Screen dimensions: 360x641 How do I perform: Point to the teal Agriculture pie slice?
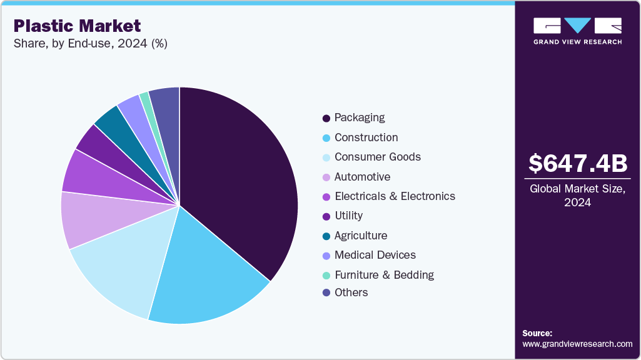tap(108, 122)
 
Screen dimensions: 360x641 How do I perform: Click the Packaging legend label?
tap(360, 117)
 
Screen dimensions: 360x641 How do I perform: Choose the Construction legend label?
tap(366, 137)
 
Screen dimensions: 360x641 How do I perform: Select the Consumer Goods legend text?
tap(377, 157)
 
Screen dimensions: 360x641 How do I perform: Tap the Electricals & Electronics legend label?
tap(395, 196)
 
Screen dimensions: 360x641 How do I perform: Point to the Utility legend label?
tap(348, 216)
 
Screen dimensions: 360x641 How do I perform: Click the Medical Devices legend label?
tap(375, 255)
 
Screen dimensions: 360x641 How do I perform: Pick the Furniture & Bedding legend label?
tap(384, 275)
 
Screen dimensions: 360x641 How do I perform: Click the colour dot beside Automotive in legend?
tap(326, 177)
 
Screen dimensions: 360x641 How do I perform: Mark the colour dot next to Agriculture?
tap(326, 236)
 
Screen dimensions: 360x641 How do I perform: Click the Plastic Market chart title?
tap(77, 26)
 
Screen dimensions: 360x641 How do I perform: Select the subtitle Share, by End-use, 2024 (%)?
tap(90, 44)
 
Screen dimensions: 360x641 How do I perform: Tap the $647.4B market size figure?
tap(577, 164)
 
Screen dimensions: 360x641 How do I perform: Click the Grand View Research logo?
tap(577, 30)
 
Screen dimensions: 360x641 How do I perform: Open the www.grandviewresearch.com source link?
tap(577, 344)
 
